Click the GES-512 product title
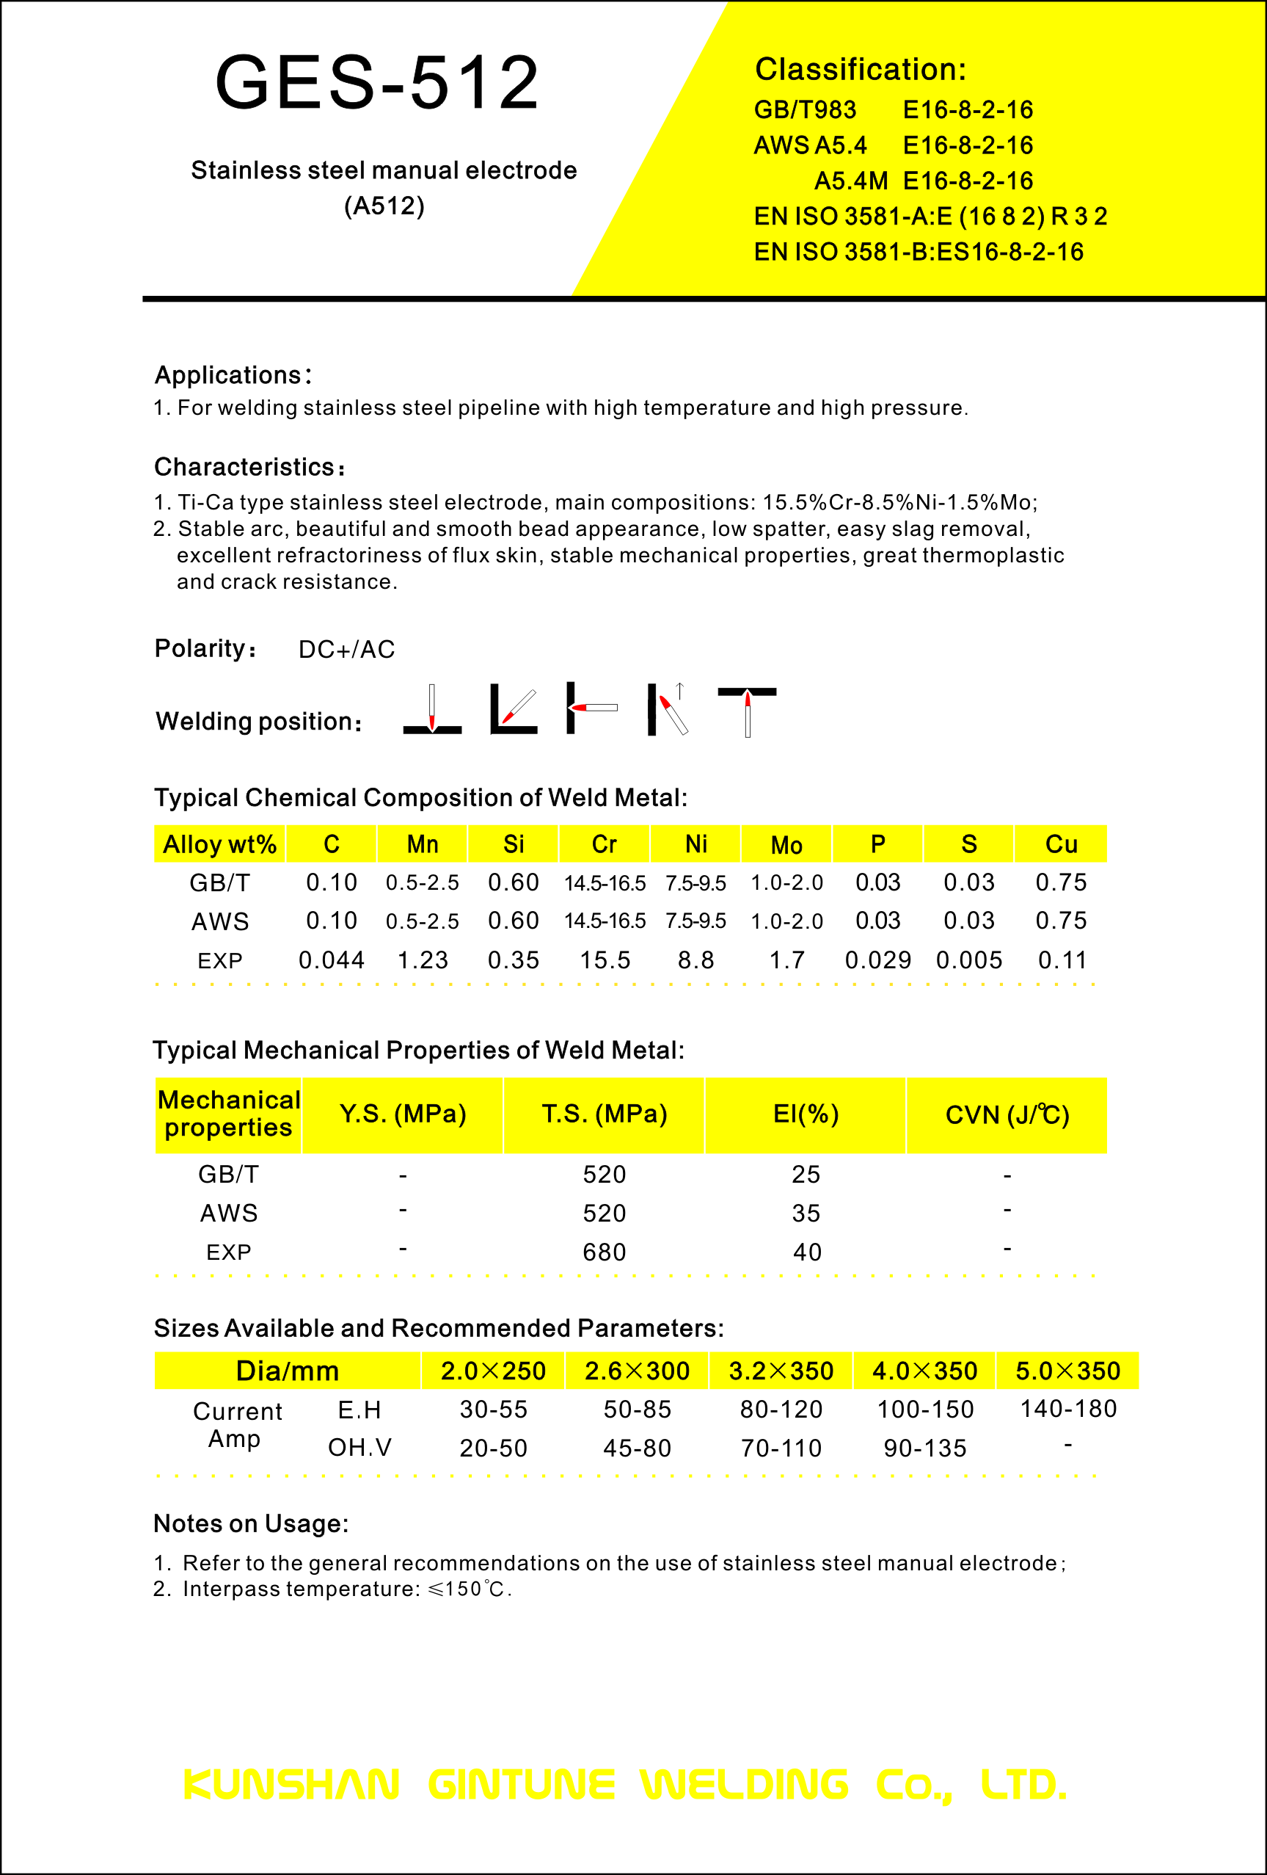pos(376,82)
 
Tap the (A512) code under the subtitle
pos(384,206)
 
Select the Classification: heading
pos(860,70)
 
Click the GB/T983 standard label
pos(804,109)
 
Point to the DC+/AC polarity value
pos(347,650)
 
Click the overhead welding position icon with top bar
pos(747,711)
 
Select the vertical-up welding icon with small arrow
pos(668,709)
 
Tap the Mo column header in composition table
pos(786,845)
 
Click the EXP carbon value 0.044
pos(332,960)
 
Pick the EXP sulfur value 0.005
pos(968,960)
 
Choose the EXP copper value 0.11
pos(1062,960)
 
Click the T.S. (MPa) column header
pos(604,1114)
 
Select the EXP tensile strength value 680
pos(604,1252)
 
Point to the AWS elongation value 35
pos(806,1214)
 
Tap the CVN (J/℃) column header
pos(1007,1114)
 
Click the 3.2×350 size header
pos(781,1371)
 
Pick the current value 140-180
pos(1067,1409)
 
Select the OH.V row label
pos(359,1448)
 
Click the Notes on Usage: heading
pos(251,1523)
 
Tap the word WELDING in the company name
pos(744,1785)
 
